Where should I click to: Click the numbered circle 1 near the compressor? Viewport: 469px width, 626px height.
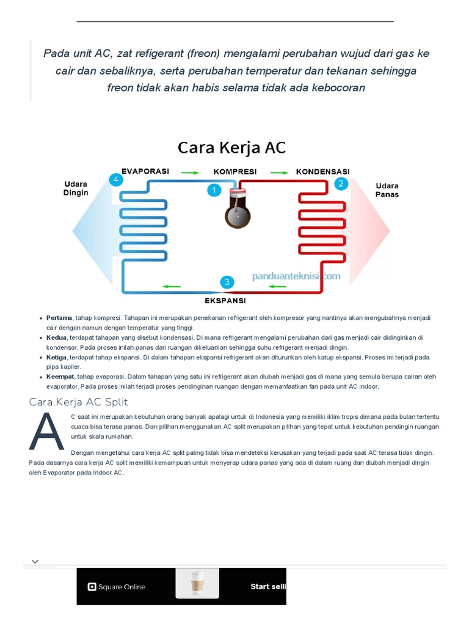[x=214, y=190]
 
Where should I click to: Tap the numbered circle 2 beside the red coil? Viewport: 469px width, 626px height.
[x=341, y=183]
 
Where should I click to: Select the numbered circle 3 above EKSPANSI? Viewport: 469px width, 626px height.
[x=227, y=282]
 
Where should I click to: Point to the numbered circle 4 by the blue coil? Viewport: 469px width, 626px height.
[x=115, y=180]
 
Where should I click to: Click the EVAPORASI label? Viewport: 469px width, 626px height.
[x=145, y=171]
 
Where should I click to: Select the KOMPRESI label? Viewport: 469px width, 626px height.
[x=235, y=172]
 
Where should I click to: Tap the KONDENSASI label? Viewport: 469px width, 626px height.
[x=322, y=172]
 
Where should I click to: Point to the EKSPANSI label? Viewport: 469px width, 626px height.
[x=225, y=300]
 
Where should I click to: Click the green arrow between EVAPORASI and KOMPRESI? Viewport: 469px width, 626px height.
[x=190, y=172]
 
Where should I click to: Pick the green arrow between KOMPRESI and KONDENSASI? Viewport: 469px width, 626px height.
[x=279, y=172]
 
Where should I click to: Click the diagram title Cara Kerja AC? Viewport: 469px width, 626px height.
[x=231, y=147]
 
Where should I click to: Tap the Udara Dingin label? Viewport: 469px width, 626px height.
[x=76, y=188]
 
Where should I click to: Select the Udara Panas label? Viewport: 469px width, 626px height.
[x=387, y=190]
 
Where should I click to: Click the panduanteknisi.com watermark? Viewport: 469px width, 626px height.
[x=296, y=276]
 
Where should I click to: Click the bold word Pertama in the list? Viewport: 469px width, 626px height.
[x=59, y=318]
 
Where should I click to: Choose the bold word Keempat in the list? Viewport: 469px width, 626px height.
[x=60, y=377]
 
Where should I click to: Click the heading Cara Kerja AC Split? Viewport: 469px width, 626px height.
[x=79, y=402]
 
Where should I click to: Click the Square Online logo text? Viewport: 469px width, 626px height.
[x=117, y=587]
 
